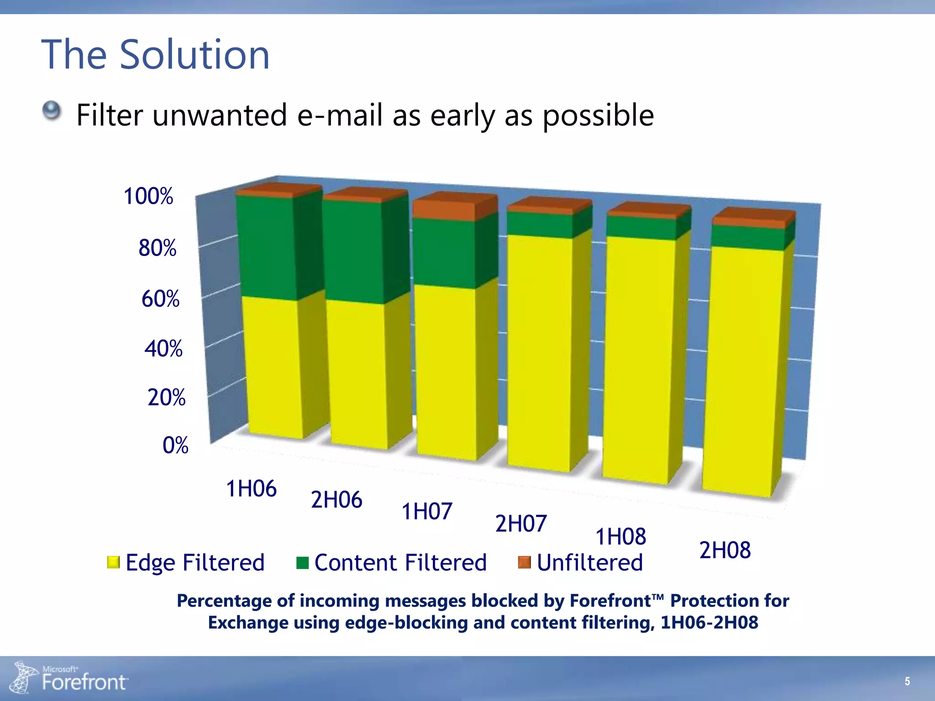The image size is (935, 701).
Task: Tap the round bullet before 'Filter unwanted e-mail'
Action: click(x=52, y=111)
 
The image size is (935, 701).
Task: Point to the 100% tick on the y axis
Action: click(x=148, y=196)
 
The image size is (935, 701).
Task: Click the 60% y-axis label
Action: click(x=160, y=299)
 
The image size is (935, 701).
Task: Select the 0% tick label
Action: click(x=175, y=445)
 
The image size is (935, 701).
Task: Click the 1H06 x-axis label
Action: click(x=251, y=489)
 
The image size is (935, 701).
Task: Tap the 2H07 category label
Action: click(x=520, y=523)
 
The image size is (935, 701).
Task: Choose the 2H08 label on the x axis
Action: click(x=725, y=550)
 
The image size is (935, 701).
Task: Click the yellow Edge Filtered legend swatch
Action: click(x=113, y=562)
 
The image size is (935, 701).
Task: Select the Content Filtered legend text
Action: click(x=400, y=562)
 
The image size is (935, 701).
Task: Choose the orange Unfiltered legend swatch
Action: click(x=525, y=562)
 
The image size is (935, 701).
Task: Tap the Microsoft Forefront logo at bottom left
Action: click(x=68, y=678)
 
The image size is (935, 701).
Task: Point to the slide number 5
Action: click(x=907, y=681)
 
